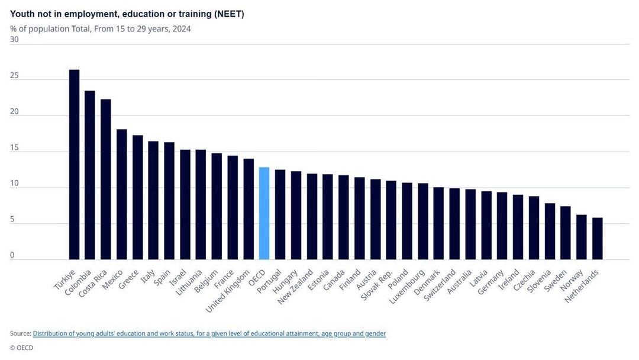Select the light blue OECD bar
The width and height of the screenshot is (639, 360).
click(264, 213)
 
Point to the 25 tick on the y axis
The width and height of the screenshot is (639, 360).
click(14, 76)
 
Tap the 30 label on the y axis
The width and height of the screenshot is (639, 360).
click(14, 40)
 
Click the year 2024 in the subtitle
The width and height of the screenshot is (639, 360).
click(182, 28)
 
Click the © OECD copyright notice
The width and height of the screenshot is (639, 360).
click(21, 348)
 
